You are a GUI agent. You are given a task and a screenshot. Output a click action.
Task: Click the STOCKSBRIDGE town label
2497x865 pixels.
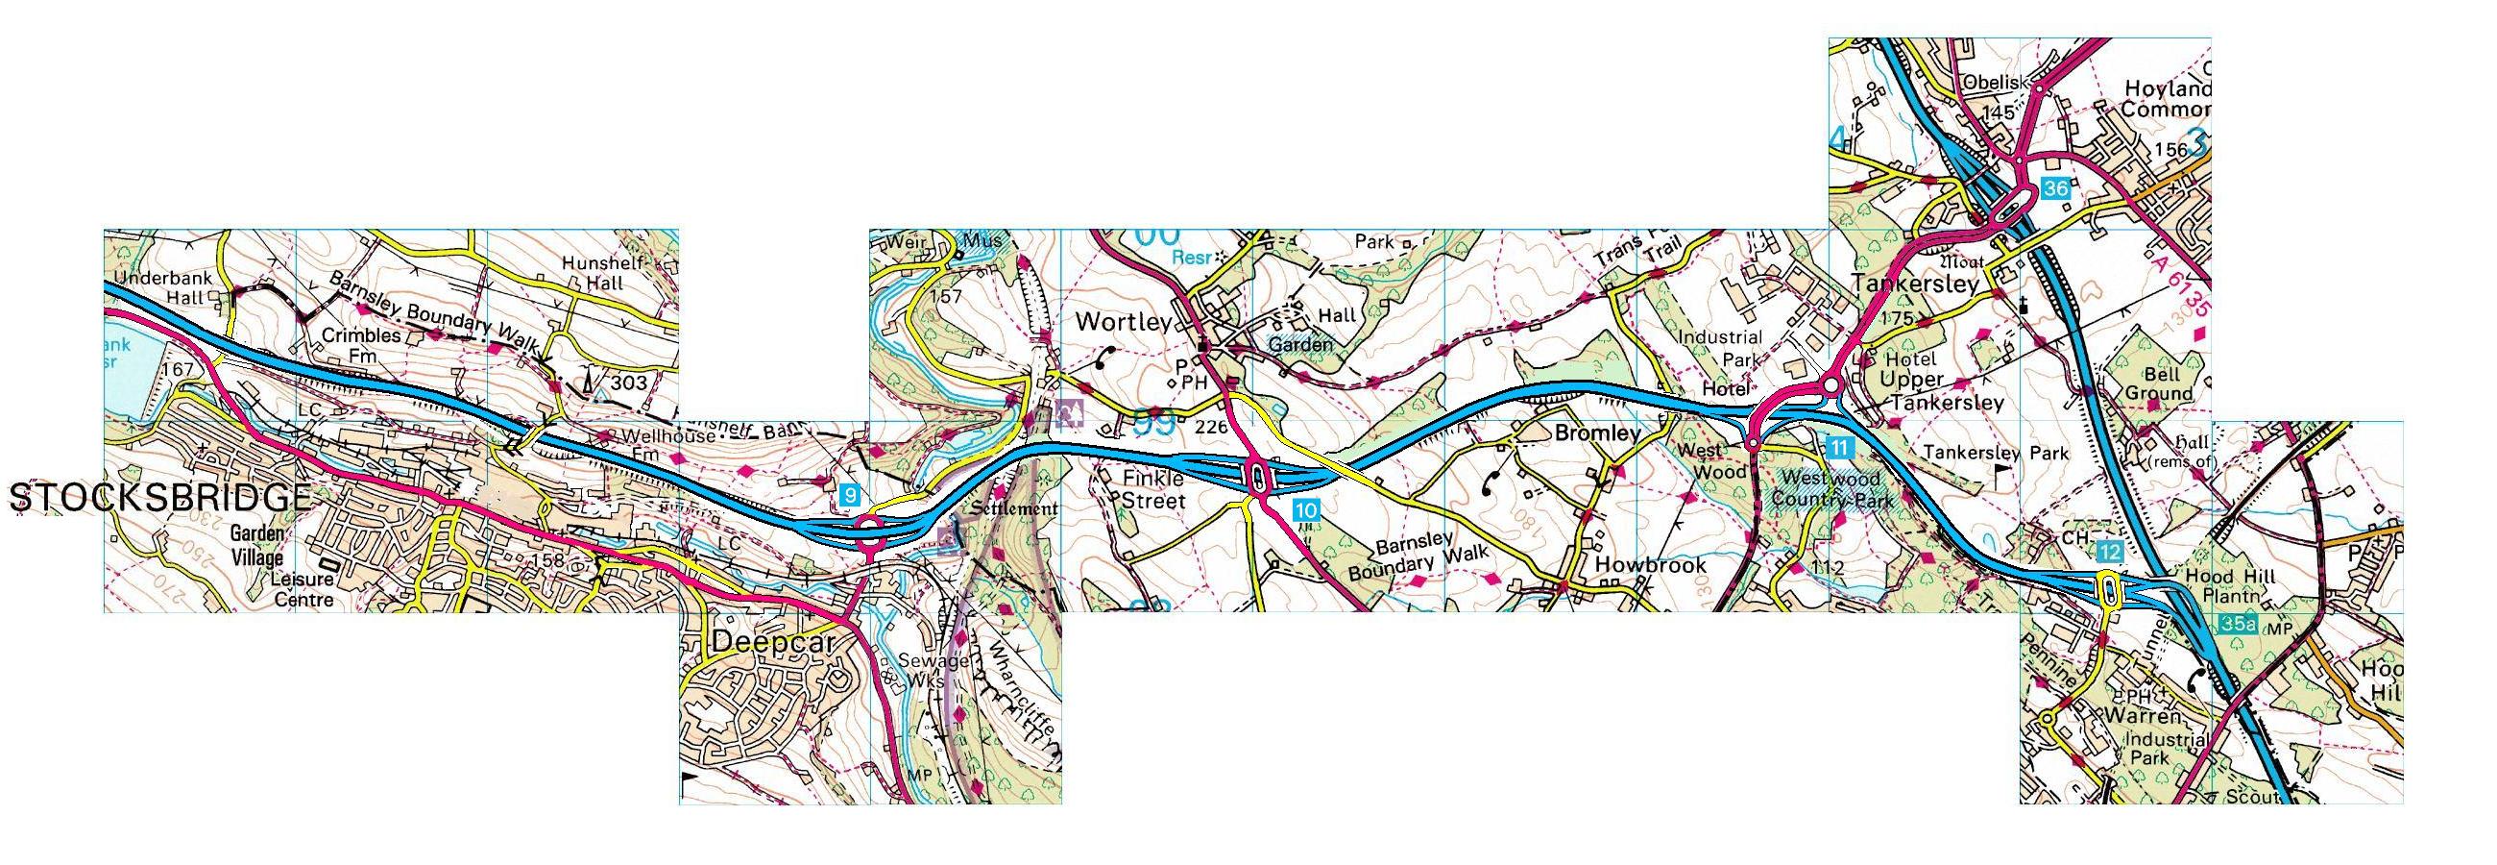[x=160, y=499]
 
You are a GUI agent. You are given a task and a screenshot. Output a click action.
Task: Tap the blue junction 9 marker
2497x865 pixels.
[x=849, y=496]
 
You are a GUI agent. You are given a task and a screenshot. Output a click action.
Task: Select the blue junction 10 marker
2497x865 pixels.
[x=1306, y=509]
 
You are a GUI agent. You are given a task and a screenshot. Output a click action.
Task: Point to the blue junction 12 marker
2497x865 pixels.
[x=2109, y=552]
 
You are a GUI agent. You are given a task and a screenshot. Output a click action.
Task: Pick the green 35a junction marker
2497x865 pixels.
[x=2239, y=624]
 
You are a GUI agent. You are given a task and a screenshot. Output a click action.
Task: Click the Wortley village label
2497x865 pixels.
[x=1125, y=322]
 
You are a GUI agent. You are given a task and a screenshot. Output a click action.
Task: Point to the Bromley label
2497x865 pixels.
[x=1596, y=433]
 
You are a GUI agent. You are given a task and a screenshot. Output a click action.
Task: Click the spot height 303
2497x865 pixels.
[x=628, y=383]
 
